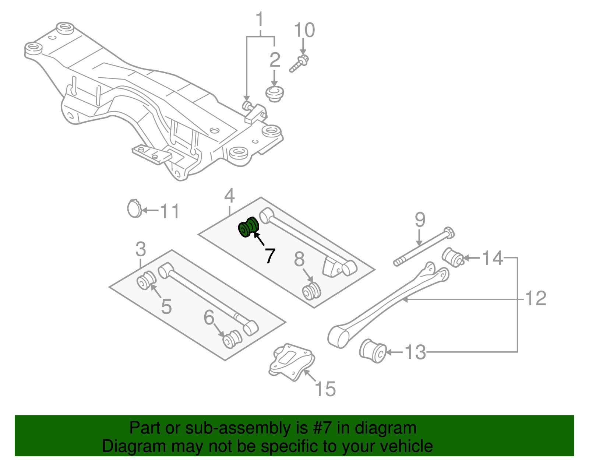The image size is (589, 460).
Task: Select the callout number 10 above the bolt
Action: click(x=304, y=30)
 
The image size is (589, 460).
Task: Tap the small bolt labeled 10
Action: click(x=299, y=64)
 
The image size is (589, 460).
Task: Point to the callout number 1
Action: click(x=260, y=20)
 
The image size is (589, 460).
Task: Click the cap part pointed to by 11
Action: click(x=134, y=209)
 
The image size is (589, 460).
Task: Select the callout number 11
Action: click(x=170, y=211)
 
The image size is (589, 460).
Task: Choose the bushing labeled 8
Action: click(x=311, y=290)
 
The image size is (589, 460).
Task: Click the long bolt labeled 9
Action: click(x=423, y=247)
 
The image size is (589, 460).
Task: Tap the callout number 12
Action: click(x=536, y=298)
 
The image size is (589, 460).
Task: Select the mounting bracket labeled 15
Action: click(x=292, y=361)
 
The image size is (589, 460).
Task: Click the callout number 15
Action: click(x=325, y=389)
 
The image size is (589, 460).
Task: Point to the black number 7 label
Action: click(x=270, y=256)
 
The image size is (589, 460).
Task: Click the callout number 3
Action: click(x=141, y=249)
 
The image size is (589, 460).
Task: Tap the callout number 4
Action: click(x=229, y=196)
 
